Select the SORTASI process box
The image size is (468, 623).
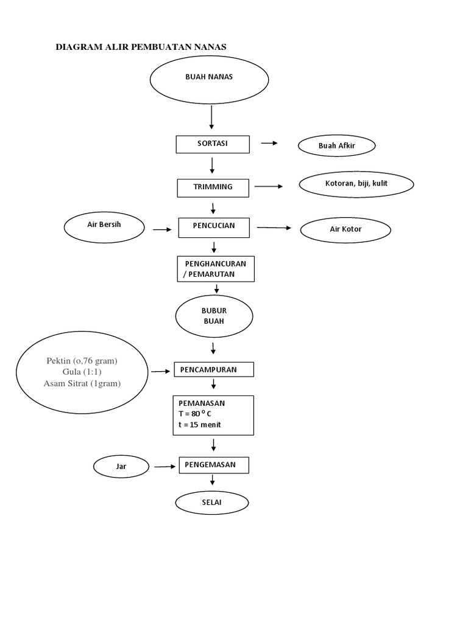[213, 144]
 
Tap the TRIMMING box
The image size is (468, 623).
[213, 187]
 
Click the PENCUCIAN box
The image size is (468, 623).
[214, 227]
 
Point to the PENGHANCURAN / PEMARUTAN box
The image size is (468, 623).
[214, 269]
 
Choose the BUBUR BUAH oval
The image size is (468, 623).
[214, 315]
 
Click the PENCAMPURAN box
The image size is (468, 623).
[214, 369]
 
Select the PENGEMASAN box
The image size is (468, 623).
[214, 465]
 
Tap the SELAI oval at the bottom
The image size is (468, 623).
[212, 504]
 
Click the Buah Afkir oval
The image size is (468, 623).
[336, 146]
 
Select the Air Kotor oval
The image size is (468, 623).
[346, 230]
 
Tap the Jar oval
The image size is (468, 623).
[121, 467]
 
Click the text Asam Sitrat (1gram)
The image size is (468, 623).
[82, 383]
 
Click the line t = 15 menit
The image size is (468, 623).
[200, 425]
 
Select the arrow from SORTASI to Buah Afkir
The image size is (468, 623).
[269, 144]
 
